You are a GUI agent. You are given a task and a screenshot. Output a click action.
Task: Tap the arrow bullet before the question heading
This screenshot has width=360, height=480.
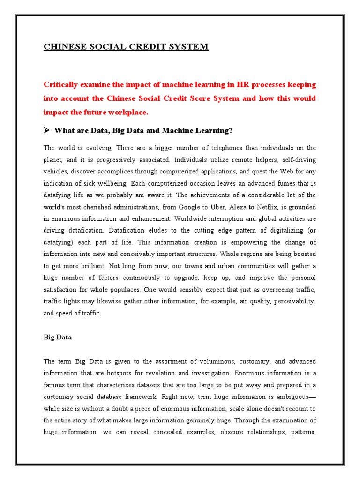click(x=47, y=130)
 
